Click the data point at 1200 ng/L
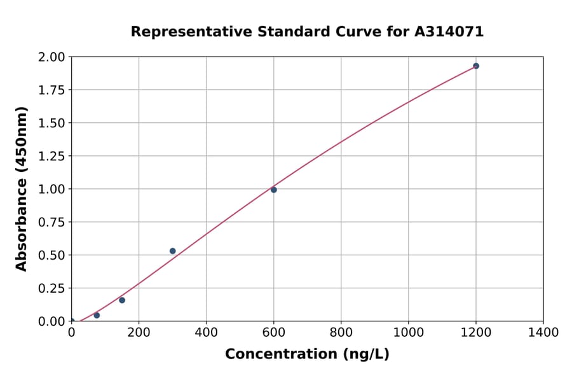475,66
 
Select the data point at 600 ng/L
274,190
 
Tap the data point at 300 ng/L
173,251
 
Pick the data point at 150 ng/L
122,300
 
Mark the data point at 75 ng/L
97,315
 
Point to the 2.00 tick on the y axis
51,57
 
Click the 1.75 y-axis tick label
51,90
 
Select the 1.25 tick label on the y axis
51,157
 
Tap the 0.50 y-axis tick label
51,255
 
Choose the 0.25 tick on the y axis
51,288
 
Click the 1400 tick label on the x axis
543,333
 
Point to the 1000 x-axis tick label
408,333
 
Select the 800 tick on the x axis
341,333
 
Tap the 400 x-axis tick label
206,333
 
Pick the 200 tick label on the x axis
139,333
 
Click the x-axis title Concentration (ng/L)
307,354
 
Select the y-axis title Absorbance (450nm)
22,189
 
